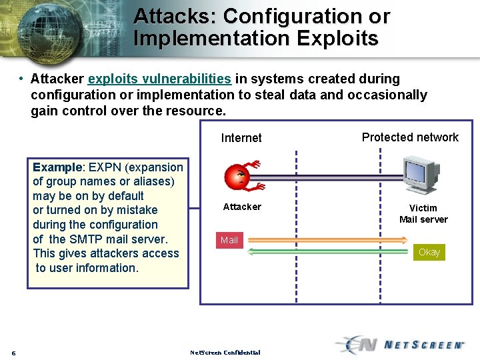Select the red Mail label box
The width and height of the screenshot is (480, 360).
pyautogui.click(x=229, y=240)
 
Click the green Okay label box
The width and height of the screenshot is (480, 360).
pyautogui.click(x=429, y=252)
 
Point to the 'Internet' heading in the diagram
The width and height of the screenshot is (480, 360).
pyautogui.click(x=241, y=138)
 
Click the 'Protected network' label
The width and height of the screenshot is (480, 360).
pyautogui.click(x=410, y=137)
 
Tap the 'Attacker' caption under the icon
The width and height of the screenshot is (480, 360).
pyautogui.click(x=242, y=207)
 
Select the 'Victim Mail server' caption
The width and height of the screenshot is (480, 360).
pyautogui.click(x=423, y=213)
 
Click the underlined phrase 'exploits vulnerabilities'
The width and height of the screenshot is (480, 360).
pyautogui.click(x=159, y=79)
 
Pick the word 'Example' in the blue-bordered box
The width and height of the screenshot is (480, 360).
pyautogui.click(x=57, y=167)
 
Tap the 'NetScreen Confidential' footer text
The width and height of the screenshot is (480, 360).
pyautogui.click(x=225, y=352)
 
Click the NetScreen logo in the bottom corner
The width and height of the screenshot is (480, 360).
pyautogui.click(x=400, y=344)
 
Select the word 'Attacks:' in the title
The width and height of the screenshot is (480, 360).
pyautogui.click(x=175, y=16)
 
